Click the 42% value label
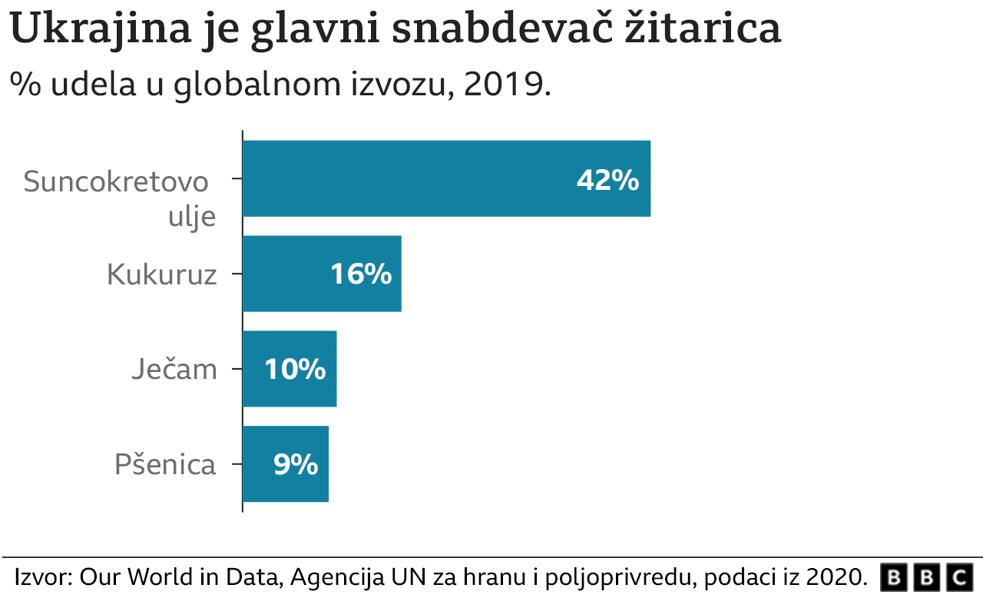tap(607, 181)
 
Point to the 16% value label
tap(361, 274)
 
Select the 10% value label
tap(295, 370)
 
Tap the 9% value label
tap(296, 464)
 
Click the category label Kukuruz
tap(162, 274)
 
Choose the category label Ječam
tap(174, 370)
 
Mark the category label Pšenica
tap(165, 465)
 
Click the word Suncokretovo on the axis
tap(116, 182)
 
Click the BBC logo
tap(925, 576)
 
